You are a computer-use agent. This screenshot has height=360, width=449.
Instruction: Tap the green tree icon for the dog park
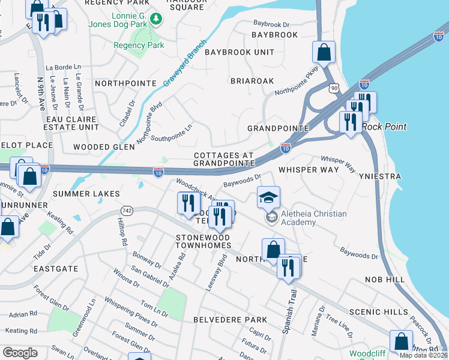157,20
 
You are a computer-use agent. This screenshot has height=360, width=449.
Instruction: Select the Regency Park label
139,45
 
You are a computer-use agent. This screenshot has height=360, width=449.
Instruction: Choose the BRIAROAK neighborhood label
252,80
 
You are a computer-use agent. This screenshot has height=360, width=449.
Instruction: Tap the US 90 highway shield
334,88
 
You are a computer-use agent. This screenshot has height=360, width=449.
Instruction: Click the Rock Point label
384,127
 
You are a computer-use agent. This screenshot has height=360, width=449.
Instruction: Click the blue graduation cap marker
268,196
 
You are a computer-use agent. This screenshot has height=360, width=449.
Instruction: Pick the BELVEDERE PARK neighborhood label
221,320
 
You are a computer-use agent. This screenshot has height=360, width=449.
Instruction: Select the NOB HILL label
385,280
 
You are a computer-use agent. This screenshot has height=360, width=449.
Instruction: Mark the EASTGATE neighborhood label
56,269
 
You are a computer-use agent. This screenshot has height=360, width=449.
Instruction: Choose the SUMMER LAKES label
86,194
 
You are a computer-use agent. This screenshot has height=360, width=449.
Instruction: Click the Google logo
20,353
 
